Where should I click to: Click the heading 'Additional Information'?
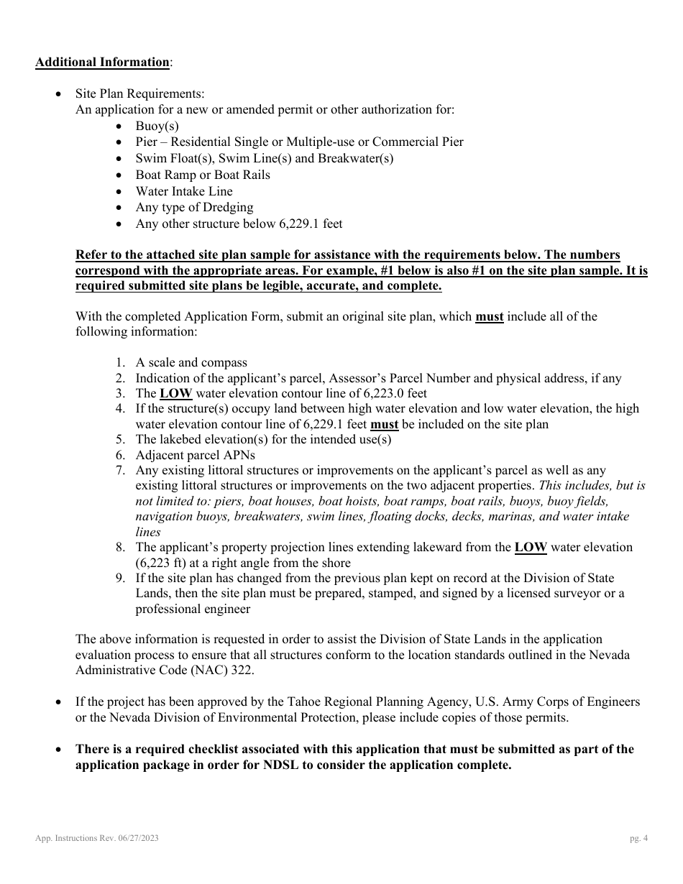(102, 62)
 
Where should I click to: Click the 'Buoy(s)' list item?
(157, 126)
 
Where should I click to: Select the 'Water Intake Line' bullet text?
(184, 191)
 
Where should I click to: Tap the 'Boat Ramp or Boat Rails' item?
(203, 175)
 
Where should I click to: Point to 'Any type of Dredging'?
(194, 208)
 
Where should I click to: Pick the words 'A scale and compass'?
(191, 362)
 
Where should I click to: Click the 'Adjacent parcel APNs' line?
(195, 455)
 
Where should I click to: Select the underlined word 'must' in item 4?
(384, 424)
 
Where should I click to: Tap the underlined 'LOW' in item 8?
(531, 547)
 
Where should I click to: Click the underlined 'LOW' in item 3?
(175, 393)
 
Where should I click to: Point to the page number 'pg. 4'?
(638, 838)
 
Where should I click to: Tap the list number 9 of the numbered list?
(121, 579)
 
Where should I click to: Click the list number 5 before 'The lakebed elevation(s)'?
(121, 439)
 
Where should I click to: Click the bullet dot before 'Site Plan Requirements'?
(59, 94)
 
